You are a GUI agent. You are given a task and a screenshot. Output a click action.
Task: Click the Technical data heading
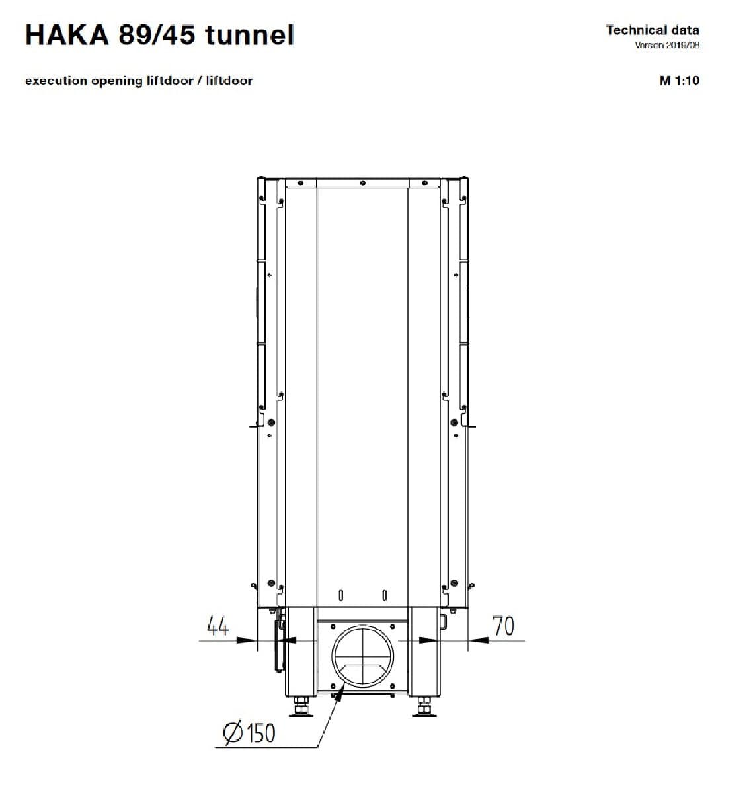click(x=652, y=30)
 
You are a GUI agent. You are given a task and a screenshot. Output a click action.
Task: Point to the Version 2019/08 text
click(x=666, y=45)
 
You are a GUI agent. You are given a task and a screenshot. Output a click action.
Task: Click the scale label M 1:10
click(x=679, y=81)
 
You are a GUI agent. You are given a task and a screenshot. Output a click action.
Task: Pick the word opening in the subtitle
click(x=116, y=81)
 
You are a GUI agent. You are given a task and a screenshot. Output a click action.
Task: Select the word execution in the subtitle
click(x=56, y=81)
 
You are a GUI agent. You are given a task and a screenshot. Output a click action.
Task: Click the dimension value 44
click(x=218, y=626)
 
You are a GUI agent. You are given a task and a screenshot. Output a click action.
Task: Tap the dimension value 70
click(x=503, y=626)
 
